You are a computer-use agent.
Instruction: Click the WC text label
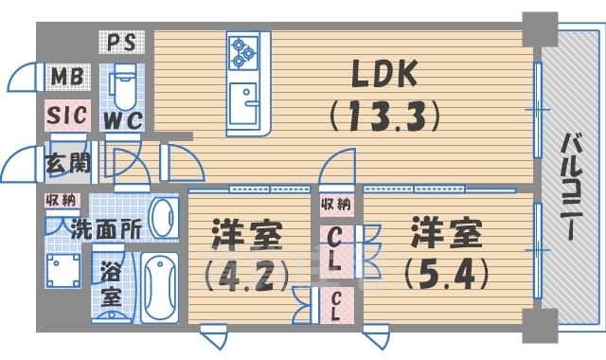(x=123, y=121)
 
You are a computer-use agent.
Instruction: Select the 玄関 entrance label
(x=68, y=162)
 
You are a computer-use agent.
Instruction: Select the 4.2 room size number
(x=244, y=278)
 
